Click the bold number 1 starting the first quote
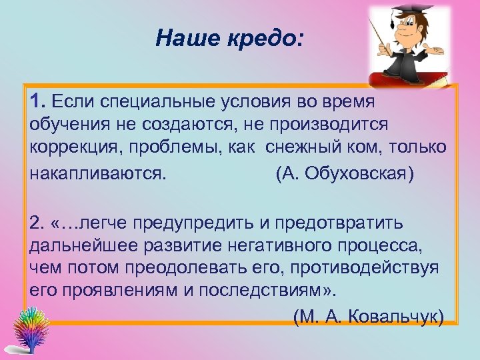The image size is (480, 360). [x=36, y=101]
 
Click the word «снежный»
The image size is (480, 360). [x=304, y=147]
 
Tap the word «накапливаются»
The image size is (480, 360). [x=97, y=173]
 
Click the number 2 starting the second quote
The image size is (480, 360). [x=35, y=221]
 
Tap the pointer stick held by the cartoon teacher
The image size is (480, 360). [x=385, y=36]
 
